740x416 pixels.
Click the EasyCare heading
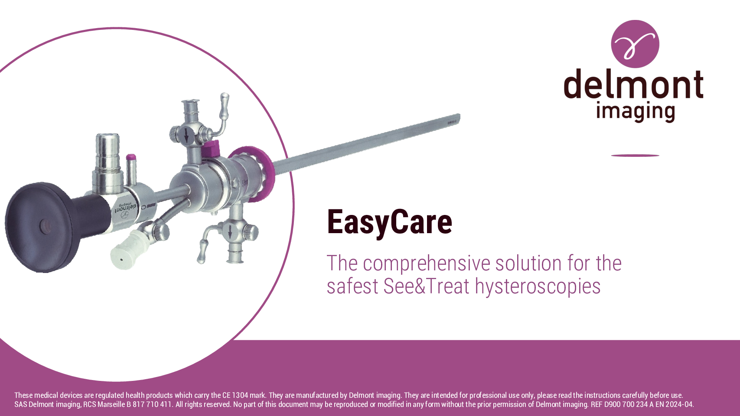pyautogui.click(x=389, y=223)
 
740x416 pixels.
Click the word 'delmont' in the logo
pyautogui.click(x=634, y=84)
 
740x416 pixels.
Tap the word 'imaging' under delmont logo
pyautogui.click(x=635, y=112)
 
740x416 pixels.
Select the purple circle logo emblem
pyautogui.click(x=635, y=44)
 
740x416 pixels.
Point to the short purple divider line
pyautogui.click(x=635, y=155)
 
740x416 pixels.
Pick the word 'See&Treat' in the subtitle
pyautogui.click(x=426, y=286)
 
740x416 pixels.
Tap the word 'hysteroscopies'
pyautogui.click(x=538, y=286)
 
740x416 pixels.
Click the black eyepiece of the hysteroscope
pyautogui.click(x=43, y=227)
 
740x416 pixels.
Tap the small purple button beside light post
pyautogui.click(x=131, y=157)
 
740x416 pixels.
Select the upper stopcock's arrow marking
pyautogui.click(x=187, y=135)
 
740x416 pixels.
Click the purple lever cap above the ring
pyautogui.click(x=210, y=149)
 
